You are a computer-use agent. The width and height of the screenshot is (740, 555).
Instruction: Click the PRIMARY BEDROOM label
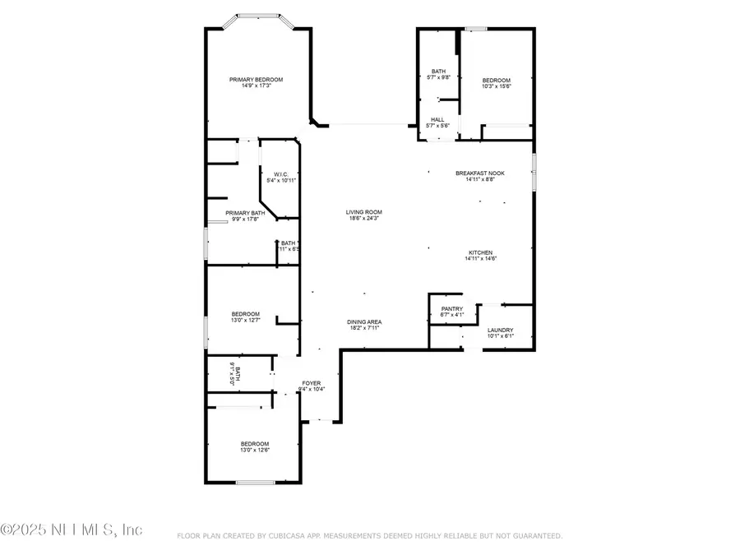[256, 79]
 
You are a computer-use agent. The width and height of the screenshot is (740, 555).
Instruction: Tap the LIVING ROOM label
[363, 212]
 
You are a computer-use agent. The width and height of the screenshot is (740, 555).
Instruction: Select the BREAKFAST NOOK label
[480, 173]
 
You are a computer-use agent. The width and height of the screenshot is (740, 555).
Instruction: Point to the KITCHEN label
[480, 252]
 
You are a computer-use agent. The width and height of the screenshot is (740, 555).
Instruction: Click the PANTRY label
[452, 308]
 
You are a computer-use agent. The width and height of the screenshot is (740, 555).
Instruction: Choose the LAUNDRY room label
[500, 330]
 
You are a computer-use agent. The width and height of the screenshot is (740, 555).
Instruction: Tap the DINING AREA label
[363, 321]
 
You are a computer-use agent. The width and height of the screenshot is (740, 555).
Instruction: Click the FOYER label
[311, 383]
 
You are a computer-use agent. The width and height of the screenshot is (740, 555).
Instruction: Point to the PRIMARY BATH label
[245, 212]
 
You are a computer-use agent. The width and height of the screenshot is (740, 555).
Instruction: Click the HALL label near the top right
[437, 119]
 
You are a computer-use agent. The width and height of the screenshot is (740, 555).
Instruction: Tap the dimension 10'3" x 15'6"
[496, 86]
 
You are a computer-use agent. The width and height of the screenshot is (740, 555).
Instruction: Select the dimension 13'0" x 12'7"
[245, 320]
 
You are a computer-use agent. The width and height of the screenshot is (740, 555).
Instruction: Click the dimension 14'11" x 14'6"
[480, 258]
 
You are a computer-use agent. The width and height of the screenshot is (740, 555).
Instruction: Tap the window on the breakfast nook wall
[534, 172]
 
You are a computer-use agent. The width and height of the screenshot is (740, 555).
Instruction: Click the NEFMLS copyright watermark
[72, 529]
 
